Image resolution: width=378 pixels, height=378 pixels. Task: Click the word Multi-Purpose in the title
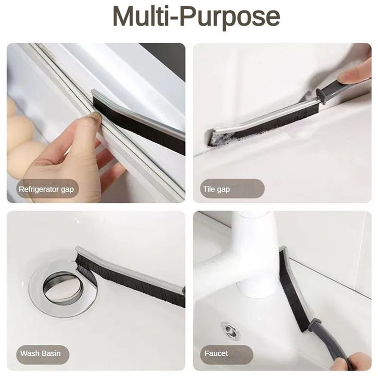(x=196, y=17)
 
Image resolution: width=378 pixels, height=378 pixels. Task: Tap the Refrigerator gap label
(x=46, y=189)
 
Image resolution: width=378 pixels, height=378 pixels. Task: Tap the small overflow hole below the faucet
(x=230, y=330)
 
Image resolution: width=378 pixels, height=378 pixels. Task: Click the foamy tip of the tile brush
(x=218, y=138)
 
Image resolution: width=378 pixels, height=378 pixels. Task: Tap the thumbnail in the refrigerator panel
(x=93, y=117)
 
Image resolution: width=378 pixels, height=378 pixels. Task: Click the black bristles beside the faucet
(x=292, y=289)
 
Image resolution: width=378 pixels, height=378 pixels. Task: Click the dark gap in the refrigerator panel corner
(x=166, y=58)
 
